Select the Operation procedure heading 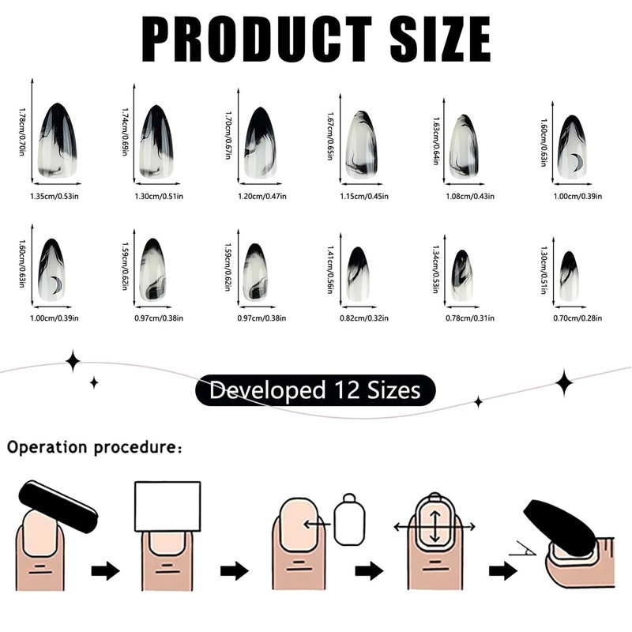tap(95, 447)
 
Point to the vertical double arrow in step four tap(432, 522)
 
